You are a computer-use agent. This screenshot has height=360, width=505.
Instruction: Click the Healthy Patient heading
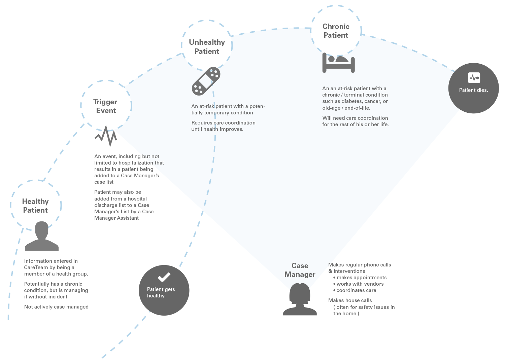click(35, 206)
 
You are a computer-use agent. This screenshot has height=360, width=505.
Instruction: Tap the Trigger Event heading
click(105, 106)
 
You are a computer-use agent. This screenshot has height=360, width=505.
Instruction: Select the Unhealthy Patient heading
click(207, 47)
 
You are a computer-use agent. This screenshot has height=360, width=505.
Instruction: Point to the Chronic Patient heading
click(336, 31)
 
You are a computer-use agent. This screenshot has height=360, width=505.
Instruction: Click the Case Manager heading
click(300, 270)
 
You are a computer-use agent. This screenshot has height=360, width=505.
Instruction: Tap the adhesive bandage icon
click(206, 81)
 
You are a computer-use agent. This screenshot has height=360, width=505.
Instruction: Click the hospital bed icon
click(338, 63)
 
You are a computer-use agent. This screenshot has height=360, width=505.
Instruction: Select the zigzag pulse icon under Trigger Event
click(106, 136)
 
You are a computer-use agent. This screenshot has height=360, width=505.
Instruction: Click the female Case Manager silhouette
click(300, 299)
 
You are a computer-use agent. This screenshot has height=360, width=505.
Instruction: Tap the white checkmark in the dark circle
click(164, 277)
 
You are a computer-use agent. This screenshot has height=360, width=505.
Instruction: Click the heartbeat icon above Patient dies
click(474, 78)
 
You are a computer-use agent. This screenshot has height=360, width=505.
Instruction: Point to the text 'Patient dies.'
click(473, 90)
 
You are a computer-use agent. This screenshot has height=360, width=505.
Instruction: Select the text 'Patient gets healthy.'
click(161, 292)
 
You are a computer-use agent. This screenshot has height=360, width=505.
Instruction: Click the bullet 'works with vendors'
click(360, 284)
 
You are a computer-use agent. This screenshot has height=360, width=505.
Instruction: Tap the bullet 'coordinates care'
click(356, 290)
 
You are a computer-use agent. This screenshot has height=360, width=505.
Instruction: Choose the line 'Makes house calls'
click(350, 300)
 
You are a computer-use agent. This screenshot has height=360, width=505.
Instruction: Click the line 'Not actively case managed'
click(56, 307)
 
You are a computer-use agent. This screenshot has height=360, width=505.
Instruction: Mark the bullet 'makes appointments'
click(361, 278)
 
